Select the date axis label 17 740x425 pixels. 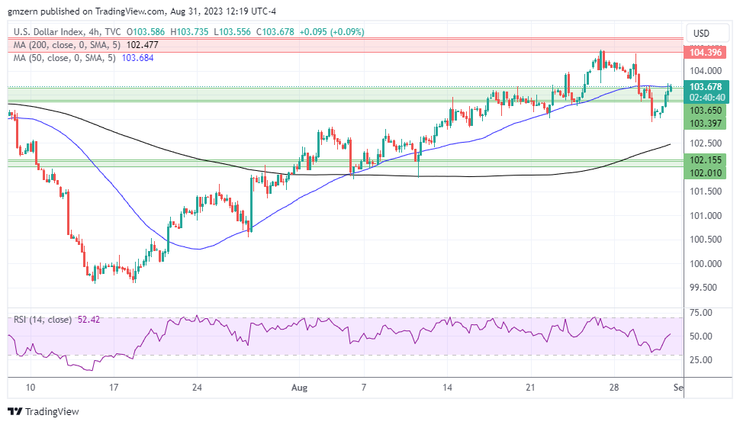tap(114, 387)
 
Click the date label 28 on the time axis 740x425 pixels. tap(613, 387)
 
